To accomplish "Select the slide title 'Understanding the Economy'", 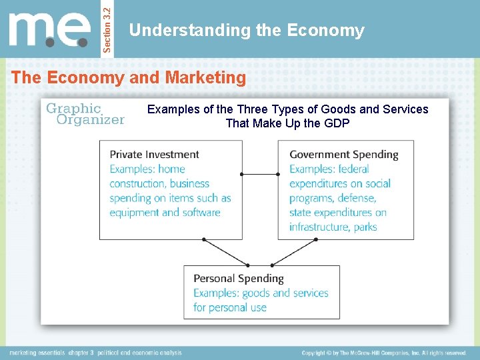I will (x=247, y=31).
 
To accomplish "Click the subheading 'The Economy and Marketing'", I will (x=129, y=77).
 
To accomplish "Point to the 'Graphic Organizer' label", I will (x=85, y=113).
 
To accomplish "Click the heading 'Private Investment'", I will (x=155, y=155).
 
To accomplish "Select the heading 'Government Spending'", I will (x=343, y=155).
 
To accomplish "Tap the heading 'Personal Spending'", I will (x=238, y=279).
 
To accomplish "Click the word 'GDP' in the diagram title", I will (x=337, y=123).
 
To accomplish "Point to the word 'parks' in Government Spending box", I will (x=365, y=227).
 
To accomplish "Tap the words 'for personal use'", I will (x=230, y=307).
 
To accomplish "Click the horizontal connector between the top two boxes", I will (x=260, y=174).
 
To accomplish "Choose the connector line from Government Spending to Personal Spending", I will (x=275, y=251).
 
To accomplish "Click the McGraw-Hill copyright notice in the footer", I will (x=383, y=353).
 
